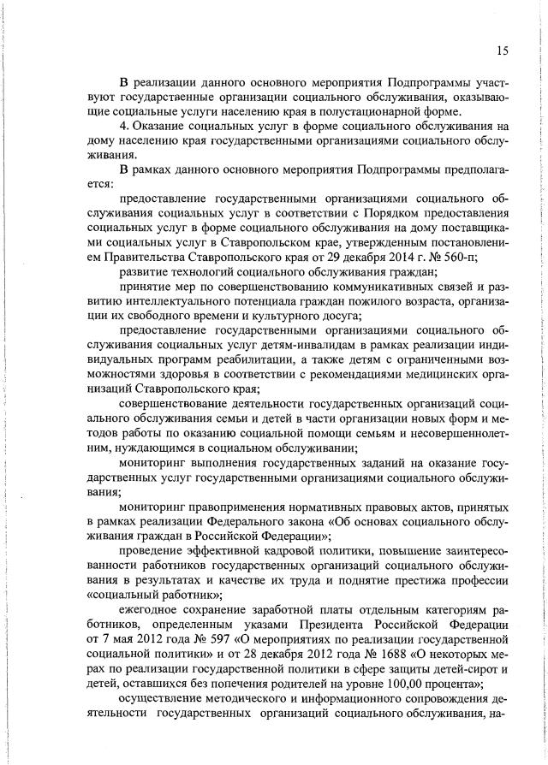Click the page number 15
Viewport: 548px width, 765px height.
(502, 50)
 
